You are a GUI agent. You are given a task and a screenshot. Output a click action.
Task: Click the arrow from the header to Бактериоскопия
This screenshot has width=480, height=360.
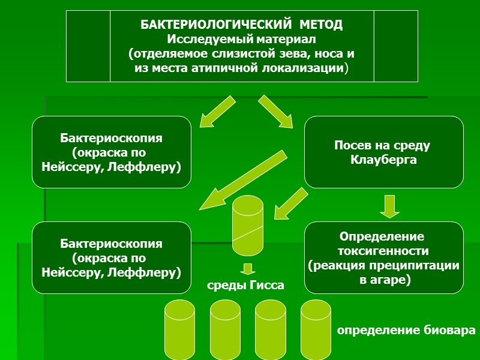click(x=216, y=110)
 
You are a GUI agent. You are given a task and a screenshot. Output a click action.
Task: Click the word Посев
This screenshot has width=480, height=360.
click(x=350, y=146)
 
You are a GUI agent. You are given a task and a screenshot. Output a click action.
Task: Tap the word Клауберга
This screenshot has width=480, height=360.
click(x=383, y=160)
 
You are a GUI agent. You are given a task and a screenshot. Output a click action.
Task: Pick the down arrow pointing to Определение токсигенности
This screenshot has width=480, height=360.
click(x=389, y=206)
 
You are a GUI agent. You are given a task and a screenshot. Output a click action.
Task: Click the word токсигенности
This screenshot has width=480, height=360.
click(x=383, y=251)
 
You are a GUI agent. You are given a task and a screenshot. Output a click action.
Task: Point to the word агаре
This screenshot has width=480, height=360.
click(x=392, y=279)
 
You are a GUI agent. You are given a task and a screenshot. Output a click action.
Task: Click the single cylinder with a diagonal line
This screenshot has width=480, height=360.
click(x=248, y=225)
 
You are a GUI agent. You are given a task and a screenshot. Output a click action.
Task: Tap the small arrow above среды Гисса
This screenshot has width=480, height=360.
click(x=248, y=268)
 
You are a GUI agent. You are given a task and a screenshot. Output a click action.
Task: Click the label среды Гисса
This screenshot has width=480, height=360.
click(x=246, y=286)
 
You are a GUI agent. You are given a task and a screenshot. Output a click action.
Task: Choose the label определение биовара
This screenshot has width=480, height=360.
click(x=406, y=331)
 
